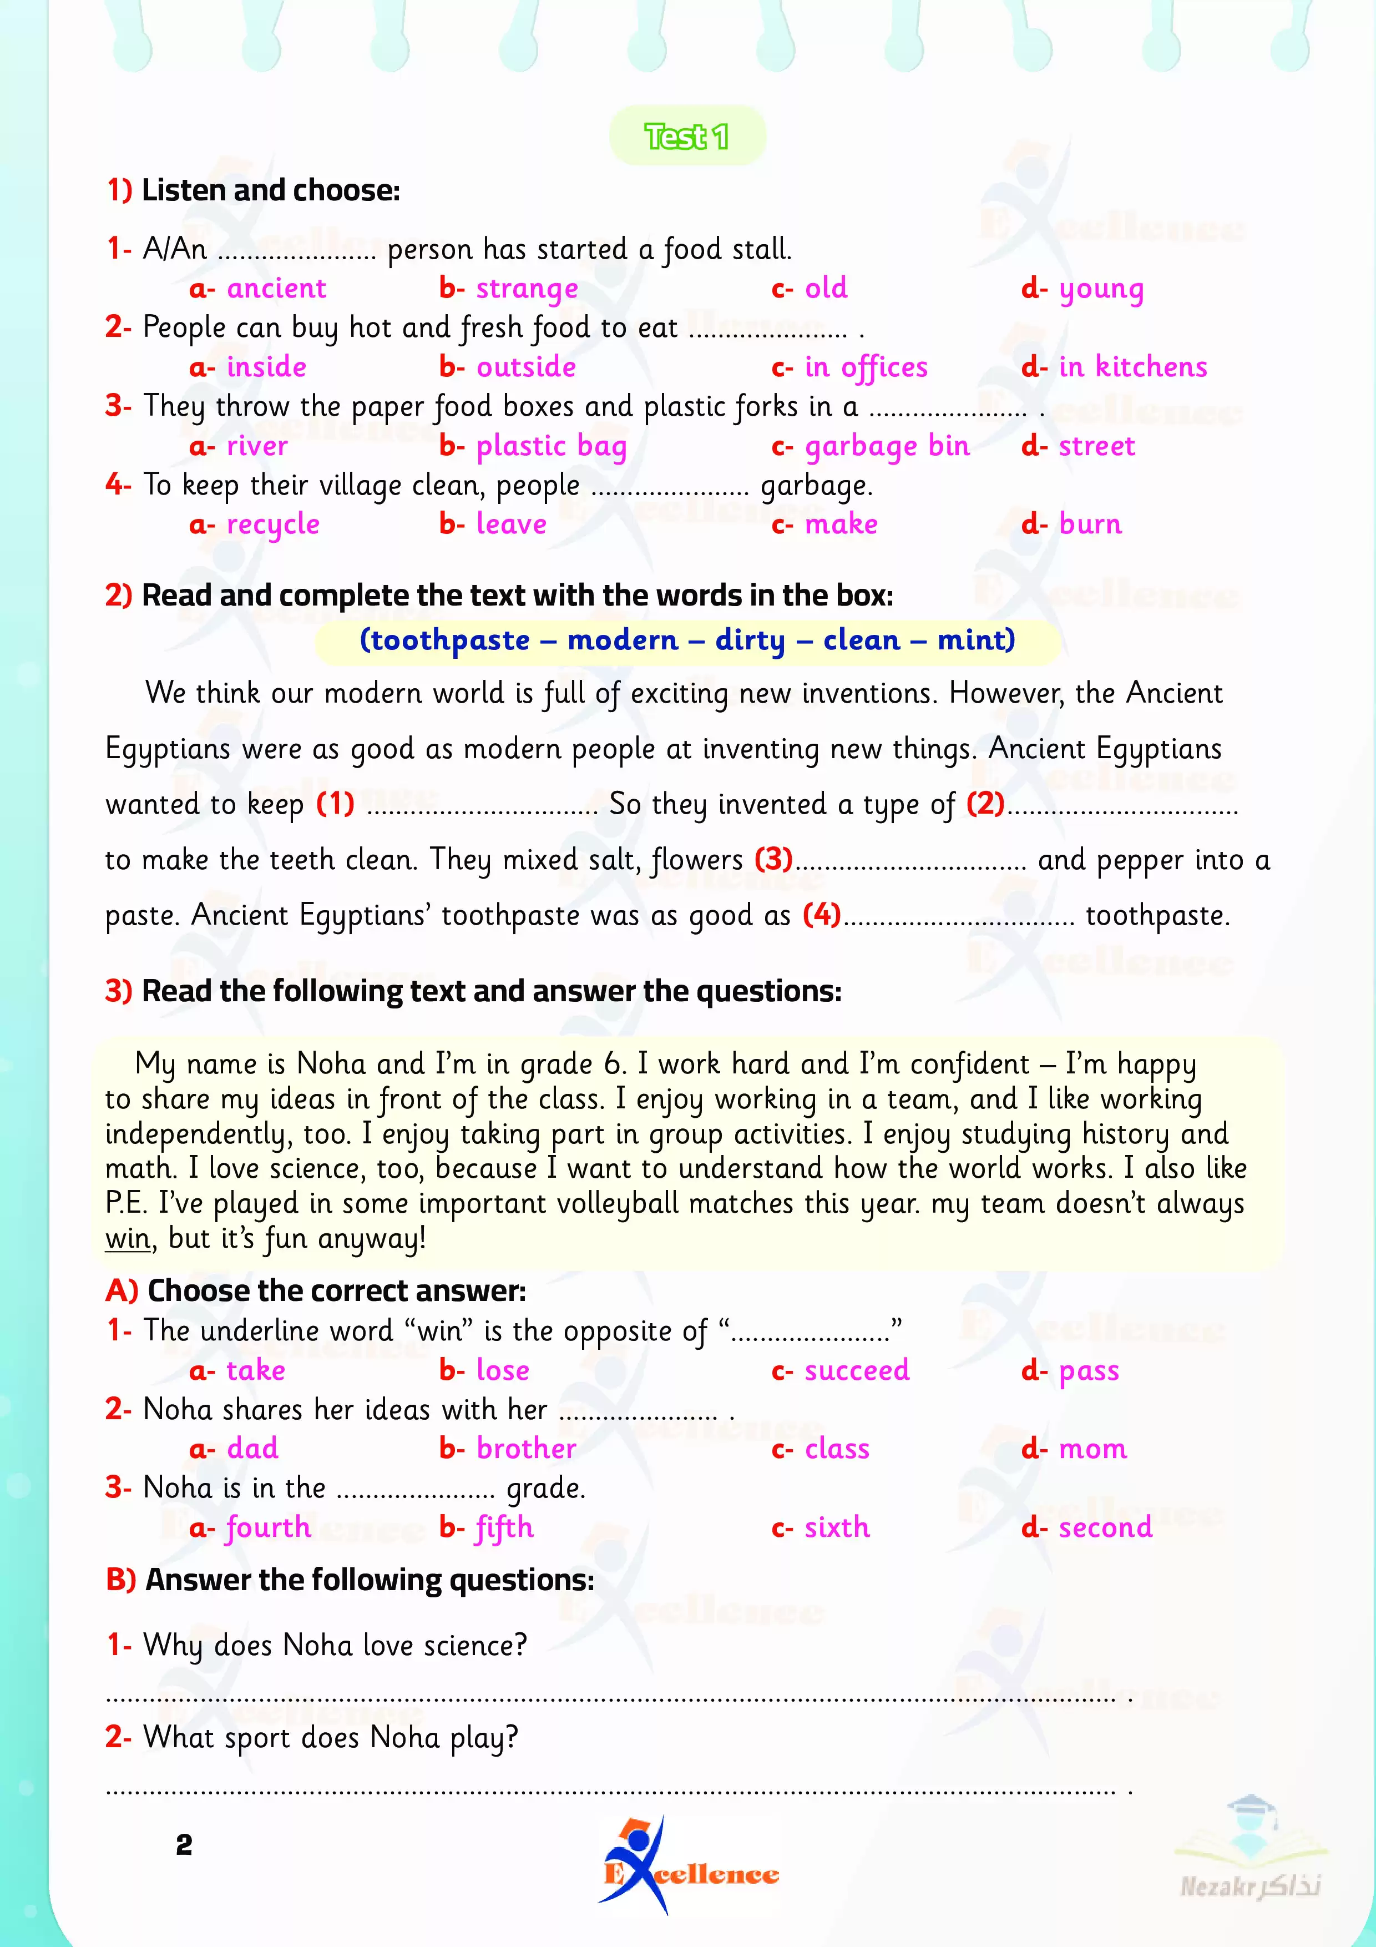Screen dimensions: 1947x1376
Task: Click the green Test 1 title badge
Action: pyautogui.click(x=687, y=135)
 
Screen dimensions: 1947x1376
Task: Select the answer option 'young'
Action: pyautogui.click(x=1100, y=289)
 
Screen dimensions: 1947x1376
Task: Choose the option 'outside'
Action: pyautogui.click(x=525, y=367)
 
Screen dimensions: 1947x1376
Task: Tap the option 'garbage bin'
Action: pyautogui.click(x=886, y=446)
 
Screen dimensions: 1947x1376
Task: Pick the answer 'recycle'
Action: pyautogui.click(x=272, y=525)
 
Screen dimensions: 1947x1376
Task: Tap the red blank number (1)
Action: pyautogui.click(x=335, y=803)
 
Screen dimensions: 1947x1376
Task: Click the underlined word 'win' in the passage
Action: pyautogui.click(x=127, y=1239)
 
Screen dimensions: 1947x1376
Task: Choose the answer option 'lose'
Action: pyautogui.click(x=502, y=1370)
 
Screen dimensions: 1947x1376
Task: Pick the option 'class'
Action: pyautogui.click(x=837, y=1449)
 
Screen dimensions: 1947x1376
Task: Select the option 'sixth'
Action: pyautogui.click(x=837, y=1527)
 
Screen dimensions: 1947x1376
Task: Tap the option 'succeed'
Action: pyautogui.click(x=856, y=1370)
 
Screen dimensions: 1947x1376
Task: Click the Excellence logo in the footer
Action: pyautogui.click(x=689, y=1865)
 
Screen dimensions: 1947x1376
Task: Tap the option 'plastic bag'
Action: pyautogui.click(x=551, y=446)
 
